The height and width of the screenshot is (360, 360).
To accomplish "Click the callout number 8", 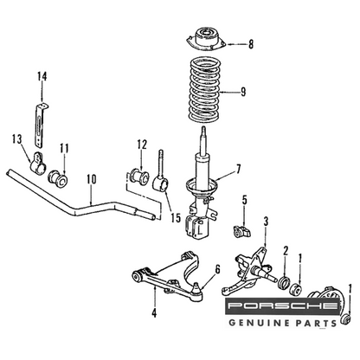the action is click(x=251, y=44).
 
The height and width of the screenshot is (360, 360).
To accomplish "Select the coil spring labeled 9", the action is click(x=204, y=91).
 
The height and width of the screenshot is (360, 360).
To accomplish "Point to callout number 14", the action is click(x=42, y=76).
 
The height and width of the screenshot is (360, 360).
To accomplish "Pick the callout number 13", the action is click(x=17, y=139).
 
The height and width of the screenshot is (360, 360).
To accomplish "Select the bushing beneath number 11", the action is click(x=59, y=179).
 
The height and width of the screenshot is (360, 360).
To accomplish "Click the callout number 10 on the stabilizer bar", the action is click(x=91, y=180).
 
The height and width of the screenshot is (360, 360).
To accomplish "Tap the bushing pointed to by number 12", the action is click(x=139, y=177).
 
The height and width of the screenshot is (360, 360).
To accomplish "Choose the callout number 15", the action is click(x=176, y=218).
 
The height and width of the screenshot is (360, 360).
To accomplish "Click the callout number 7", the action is click(x=238, y=170).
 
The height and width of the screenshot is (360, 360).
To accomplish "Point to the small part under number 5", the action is click(x=241, y=232).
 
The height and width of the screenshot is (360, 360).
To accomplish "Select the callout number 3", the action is click(x=266, y=222).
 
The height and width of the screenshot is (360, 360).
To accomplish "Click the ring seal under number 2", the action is click(x=284, y=283).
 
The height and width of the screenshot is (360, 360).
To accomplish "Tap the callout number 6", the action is click(x=217, y=269).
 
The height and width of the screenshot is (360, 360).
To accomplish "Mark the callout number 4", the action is click(x=155, y=313).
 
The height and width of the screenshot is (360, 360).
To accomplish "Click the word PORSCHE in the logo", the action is click(x=283, y=306).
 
